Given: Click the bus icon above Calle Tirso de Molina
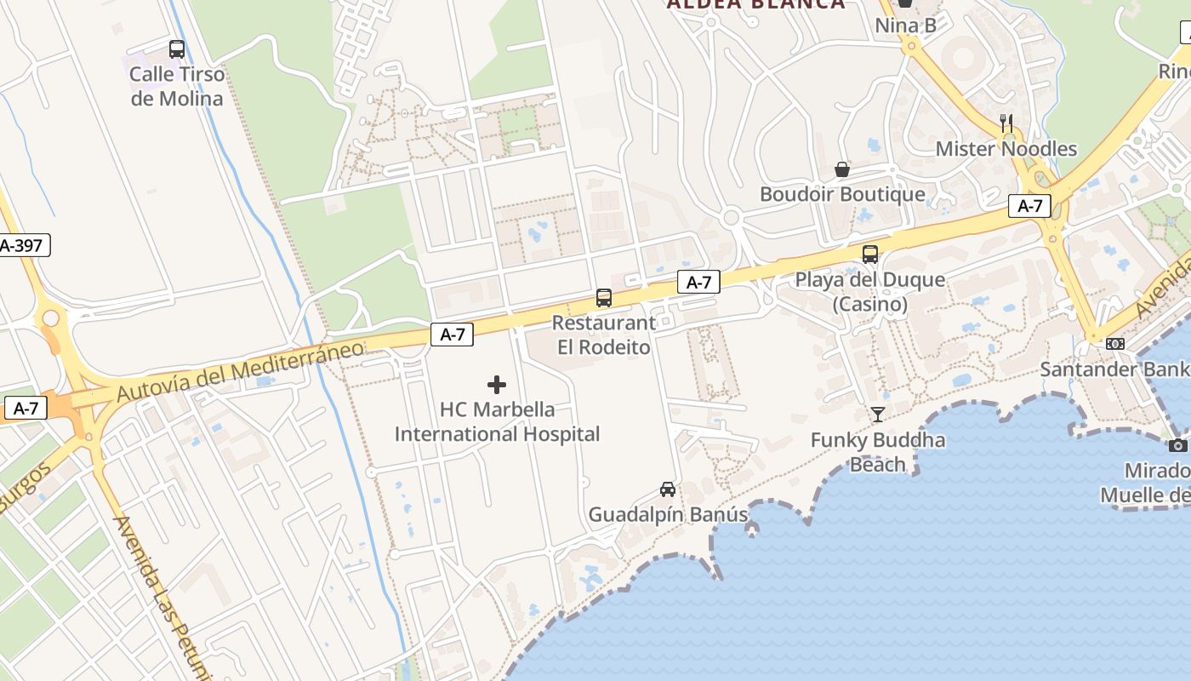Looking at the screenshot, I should pyautogui.click(x=177, y=49).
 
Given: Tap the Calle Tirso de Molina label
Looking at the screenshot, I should pyautogui.click(x=177, y=86).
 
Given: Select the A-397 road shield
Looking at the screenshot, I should pyautogui.click(x=24, y=246).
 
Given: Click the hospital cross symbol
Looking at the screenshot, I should pyautogui.click(x=497, y=385).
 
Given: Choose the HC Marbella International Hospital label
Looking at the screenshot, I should pyautogui.click(x=497, y=421).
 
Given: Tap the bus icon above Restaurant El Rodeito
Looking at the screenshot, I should pyautogui.click(x=604, y=298).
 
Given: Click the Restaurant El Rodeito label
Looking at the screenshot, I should pyautogui.click(x=604, y=335).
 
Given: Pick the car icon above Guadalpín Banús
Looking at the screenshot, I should pyautogui.click(x=668, y=489).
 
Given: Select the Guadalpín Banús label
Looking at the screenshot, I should pyautogui.click(x=668, y=514).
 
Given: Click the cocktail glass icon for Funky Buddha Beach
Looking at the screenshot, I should pyautogui.click(x=878, y=415).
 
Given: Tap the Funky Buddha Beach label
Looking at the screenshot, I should pyautogui.click(x=878, y=452).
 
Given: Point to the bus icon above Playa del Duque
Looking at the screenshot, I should pyautogui.click(x=869, y=254).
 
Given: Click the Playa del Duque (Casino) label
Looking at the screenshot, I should pyautogui.click(x=869, y=291).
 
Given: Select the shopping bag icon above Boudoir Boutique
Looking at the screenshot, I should pyautogui.click(x=842, y=169).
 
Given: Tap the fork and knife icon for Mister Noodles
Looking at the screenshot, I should pyautogui.click(x=1006, y=123).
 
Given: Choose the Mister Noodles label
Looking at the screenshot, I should pyautogui.click(x=1006, y=149).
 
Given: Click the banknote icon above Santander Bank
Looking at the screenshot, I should pyautogui.click(x=1115, y=344).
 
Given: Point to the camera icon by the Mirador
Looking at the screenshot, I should pyautogui.click(x=1178, y=445).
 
